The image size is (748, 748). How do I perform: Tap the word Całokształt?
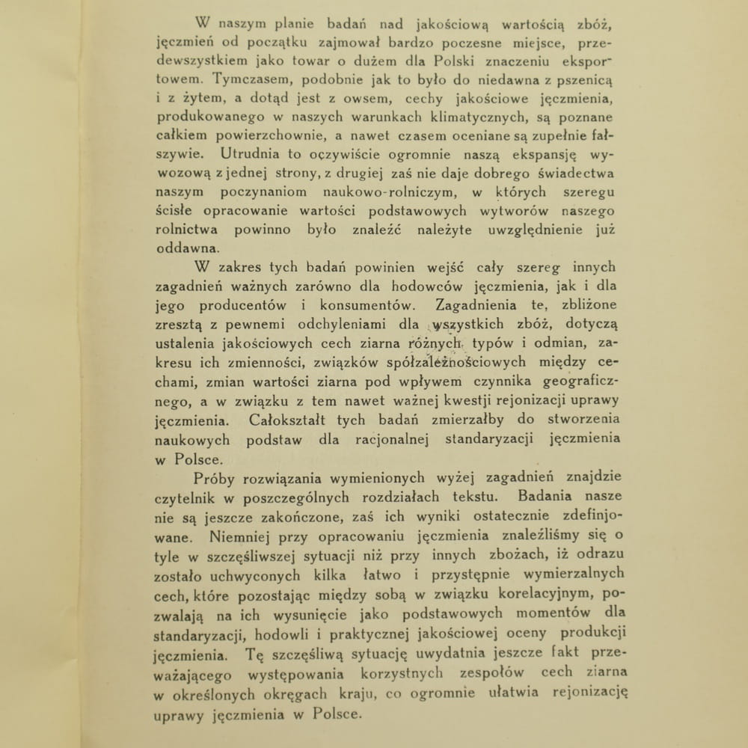(286, 420)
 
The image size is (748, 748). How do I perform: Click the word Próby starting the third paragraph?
(215, 478)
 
